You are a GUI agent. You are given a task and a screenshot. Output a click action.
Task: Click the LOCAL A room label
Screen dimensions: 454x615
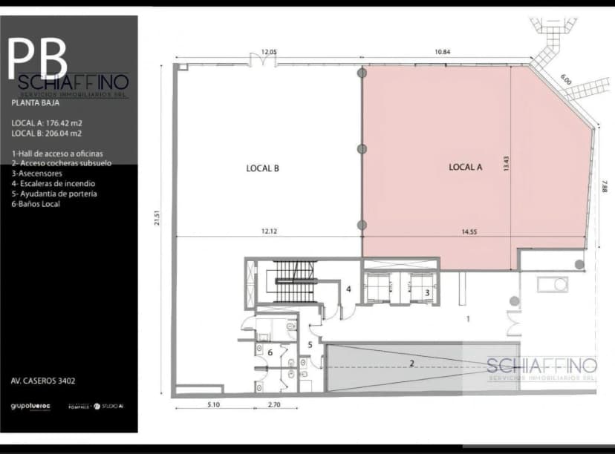466,168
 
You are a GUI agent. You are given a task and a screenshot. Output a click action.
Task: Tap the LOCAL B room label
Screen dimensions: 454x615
262,168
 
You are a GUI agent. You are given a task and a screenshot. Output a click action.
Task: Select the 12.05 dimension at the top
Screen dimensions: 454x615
268,52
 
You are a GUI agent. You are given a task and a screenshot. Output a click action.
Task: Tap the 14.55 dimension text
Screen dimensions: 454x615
469,232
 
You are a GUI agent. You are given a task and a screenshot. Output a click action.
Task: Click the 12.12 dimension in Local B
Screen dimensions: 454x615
269,232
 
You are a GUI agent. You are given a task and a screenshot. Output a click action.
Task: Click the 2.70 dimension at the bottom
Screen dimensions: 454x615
273,405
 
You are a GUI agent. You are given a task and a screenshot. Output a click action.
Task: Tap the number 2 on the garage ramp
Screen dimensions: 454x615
411,363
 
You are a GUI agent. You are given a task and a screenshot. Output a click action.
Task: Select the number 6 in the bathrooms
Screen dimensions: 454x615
270,352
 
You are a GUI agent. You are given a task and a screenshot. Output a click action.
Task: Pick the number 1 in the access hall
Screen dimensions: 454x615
468,319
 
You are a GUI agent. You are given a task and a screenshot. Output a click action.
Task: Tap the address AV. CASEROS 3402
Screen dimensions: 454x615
43,381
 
